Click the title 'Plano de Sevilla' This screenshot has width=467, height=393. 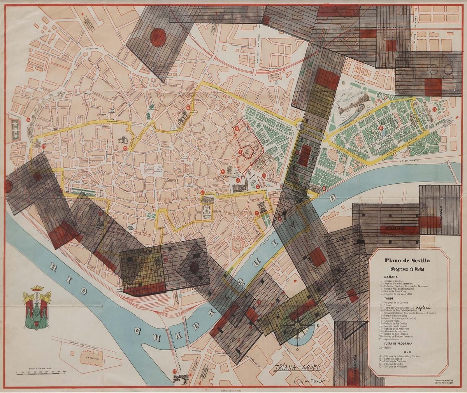point(407,261)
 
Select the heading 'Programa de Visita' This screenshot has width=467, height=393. point(407,269)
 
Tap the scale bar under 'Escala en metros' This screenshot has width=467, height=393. point(41,373)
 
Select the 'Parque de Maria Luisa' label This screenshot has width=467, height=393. point(385,138)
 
